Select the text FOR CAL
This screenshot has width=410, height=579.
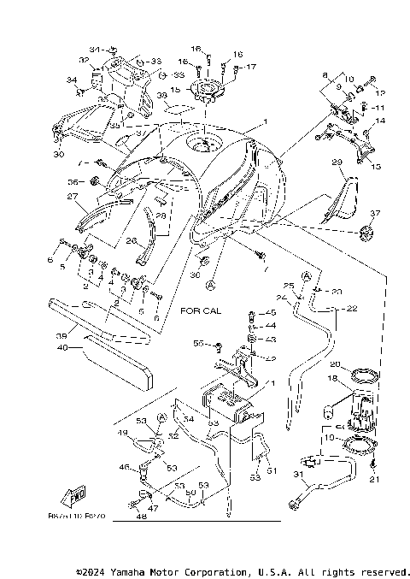(201, 311)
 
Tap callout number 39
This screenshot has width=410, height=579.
(61, 336)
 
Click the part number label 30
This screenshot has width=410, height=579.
(58, 155)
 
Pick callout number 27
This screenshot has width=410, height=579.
(72, 195)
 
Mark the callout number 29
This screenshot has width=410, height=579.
(338, 162)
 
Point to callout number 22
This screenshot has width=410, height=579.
(351, 308)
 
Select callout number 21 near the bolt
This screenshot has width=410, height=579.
(372, 480)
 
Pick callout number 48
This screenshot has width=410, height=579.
(138, 517)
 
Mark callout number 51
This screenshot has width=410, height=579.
(272, 470)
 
